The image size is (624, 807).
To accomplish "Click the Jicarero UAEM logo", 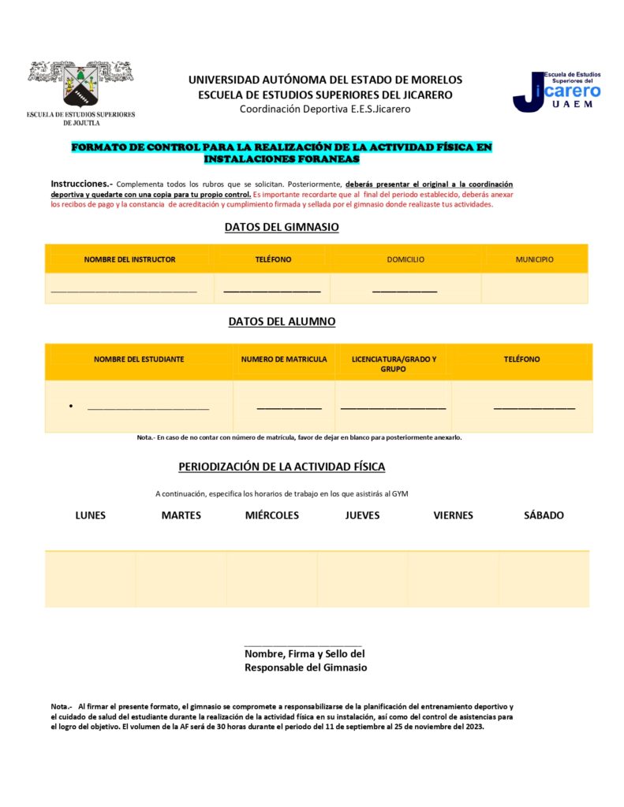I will [x=557, y=91].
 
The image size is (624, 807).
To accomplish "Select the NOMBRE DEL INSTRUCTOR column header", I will [x=129, y=259].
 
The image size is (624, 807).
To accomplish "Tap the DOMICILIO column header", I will [x=405, y=259].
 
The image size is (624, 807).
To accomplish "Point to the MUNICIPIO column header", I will [x=535, y=259].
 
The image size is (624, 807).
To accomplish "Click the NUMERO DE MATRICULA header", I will [x=284, y=359].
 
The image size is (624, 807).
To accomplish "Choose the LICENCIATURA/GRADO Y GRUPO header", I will [x=393, y=364].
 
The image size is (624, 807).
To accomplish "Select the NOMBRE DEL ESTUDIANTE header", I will [x=139, y=359].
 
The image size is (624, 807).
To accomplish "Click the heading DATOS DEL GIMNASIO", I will [x=282, y=227].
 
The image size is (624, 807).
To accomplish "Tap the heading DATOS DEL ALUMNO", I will [x=282, y=322].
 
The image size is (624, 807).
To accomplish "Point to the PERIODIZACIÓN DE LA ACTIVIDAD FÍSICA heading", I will [x=282, y=467].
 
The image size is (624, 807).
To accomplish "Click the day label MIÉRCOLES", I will [x=272, y=515].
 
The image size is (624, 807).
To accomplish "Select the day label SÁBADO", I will [x=544, y=515].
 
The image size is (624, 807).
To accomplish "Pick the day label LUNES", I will [x=91, y=515].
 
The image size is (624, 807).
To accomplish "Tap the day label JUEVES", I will [x=363, y=515].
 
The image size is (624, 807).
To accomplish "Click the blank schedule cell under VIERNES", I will [x=453, y=579].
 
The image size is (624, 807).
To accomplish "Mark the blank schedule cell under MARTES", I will [x=181, y=579].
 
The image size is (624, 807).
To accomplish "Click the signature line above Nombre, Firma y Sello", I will [x=303, y=645].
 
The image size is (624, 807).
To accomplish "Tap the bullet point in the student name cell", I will [x=71, y=407].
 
